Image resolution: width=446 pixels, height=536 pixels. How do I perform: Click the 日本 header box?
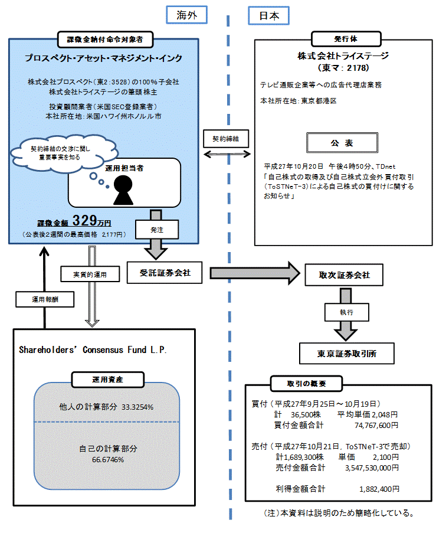(x=268, y=15)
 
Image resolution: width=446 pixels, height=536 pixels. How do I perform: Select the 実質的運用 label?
(x=90, y=273)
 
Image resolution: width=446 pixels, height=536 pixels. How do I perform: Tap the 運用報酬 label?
(x=44, y=299)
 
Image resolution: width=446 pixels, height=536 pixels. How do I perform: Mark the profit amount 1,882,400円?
(x=379, y=489)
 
